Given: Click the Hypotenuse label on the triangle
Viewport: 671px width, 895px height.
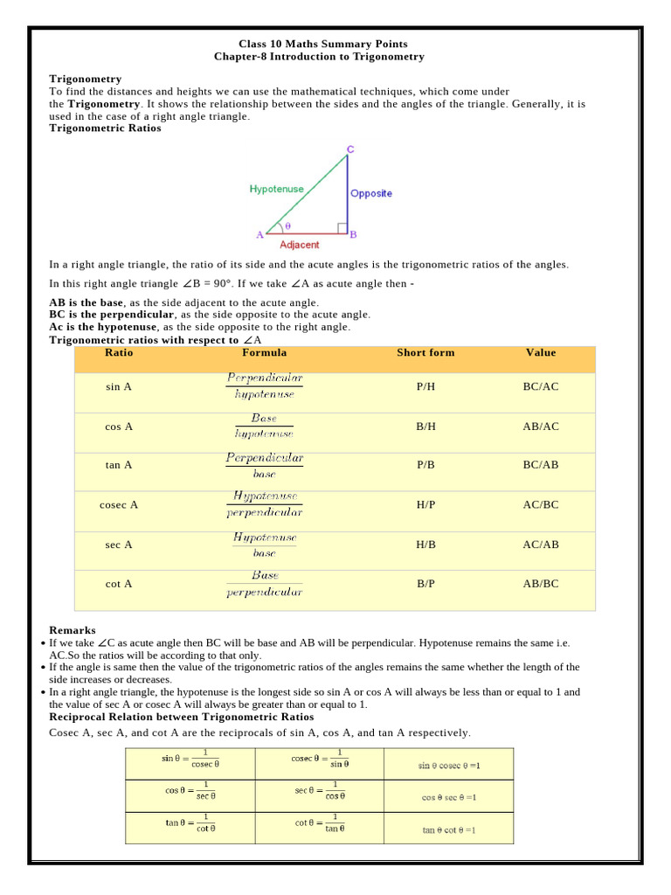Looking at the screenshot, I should coord(276,189).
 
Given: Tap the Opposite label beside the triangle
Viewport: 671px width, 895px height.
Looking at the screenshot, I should coord(371,193).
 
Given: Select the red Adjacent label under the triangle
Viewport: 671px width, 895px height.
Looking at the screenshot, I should coord(299,245).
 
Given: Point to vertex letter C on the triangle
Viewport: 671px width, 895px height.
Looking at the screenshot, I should coord(350,149).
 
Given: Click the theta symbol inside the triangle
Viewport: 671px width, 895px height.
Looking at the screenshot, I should coord(287,225).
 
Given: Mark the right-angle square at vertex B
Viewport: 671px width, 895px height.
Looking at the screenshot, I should coord(342,228).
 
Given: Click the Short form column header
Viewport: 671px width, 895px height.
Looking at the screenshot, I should coord(425,353).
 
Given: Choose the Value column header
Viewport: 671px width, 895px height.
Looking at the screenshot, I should coord(540,353).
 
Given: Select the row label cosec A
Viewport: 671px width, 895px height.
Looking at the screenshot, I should coord(119,505).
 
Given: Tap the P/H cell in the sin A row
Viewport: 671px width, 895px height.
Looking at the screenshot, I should coord(425,386).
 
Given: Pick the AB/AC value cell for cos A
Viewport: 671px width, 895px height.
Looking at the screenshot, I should coord(540,427).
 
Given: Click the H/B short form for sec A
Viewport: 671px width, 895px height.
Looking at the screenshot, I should coord(425,545).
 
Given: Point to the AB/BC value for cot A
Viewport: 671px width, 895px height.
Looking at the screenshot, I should coord(540,584).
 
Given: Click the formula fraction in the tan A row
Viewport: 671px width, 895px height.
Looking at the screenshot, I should coord(264,465).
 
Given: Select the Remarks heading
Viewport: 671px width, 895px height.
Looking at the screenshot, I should coord(73,630).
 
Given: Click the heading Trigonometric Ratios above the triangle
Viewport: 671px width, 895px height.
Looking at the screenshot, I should coord(105,128).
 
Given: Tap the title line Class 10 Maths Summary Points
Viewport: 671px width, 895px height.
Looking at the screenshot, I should coord(322,44).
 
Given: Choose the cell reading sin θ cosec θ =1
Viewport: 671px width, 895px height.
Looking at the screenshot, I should coord(449,766).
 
